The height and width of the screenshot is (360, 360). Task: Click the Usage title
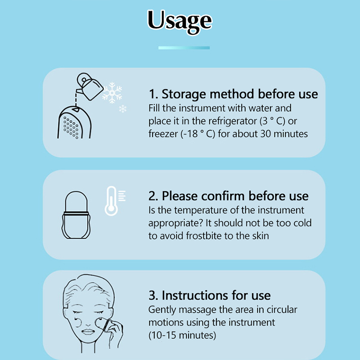coord(180,21)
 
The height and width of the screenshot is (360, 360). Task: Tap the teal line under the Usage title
coord(184,48)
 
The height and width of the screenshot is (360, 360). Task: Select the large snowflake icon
coord(112,93)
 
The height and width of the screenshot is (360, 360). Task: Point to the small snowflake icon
coord(123,109)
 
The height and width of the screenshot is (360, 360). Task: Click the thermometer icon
coord(111,201)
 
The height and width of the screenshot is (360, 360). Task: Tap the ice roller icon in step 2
coord(76,215)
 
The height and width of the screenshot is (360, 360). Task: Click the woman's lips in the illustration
coord(88,332)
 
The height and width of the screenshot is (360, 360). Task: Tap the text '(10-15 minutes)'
coord(182,335)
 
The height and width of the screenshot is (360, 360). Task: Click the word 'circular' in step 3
coord(282,310)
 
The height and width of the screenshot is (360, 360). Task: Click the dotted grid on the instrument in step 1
coord(71,128)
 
